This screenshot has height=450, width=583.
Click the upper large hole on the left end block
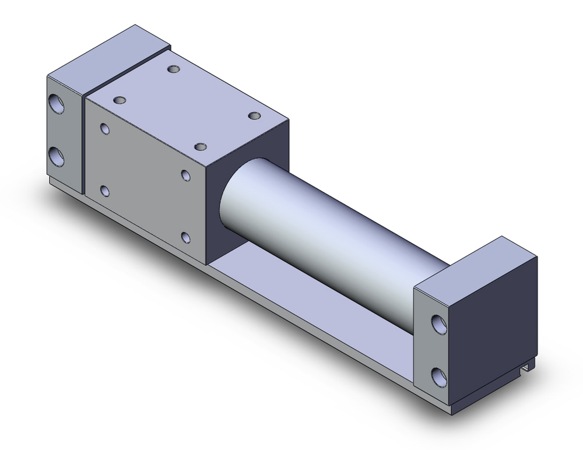(57, 104)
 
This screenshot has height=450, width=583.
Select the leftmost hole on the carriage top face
(121, 101)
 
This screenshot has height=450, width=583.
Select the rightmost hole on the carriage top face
(254, 116)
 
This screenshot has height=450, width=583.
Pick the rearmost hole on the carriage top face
(174, 70)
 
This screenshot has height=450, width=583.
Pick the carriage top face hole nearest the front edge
(201, 146)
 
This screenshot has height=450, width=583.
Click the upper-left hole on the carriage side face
(105, 128)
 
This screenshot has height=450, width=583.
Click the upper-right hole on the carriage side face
(185, 175)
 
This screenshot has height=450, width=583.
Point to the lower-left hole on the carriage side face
(105, 190)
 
